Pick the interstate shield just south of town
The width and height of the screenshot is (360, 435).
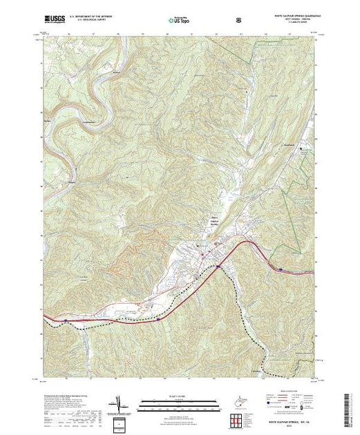point(159,319)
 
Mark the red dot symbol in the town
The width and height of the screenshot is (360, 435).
point(202,256)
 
